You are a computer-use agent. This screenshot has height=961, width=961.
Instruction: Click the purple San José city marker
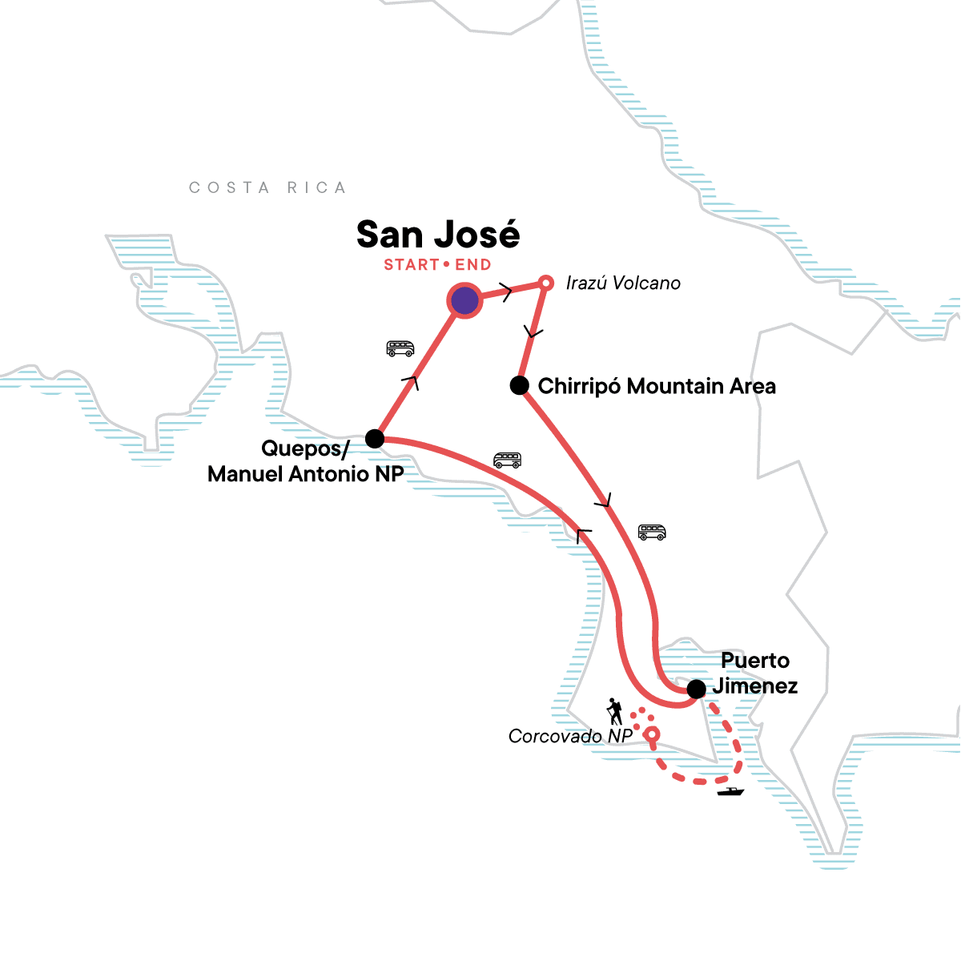[x=464, y=301]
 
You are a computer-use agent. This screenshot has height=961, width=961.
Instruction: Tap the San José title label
[x=438, y=235]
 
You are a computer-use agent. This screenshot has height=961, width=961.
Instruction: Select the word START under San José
[x=411, y=265]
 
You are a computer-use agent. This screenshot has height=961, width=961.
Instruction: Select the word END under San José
[x=473, y=265]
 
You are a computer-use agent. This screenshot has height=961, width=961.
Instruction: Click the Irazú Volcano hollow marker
[x=545, y=283]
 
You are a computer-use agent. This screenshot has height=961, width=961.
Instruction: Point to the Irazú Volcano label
[x=623, y=283]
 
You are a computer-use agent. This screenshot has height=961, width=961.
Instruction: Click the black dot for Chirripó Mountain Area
[x=520, y=386]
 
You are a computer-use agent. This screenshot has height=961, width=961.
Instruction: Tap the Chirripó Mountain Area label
[x=657, y=387]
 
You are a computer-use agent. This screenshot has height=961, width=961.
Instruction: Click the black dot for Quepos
[x=374, y=439]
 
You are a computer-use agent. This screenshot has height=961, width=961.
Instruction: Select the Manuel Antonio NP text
[x=305, y=474]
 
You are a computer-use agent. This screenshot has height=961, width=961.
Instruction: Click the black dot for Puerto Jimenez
[x=697, y=688]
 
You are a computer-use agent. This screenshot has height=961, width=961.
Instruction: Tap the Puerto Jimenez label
[x=755, y=674]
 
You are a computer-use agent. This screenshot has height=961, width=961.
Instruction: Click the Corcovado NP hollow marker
[x=652, y=734]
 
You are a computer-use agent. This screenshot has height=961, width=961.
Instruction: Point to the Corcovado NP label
[x=570, y=737]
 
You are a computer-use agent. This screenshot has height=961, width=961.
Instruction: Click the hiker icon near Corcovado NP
[x=614, y=711]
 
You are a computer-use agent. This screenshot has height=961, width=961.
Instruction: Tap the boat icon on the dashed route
[x=730, y=792]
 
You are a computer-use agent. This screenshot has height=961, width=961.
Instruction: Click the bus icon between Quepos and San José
[x=400, y=348]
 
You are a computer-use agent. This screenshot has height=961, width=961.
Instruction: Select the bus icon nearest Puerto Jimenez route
[x=652, y=533]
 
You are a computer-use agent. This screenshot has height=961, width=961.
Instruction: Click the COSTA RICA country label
[x=267, y=188]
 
